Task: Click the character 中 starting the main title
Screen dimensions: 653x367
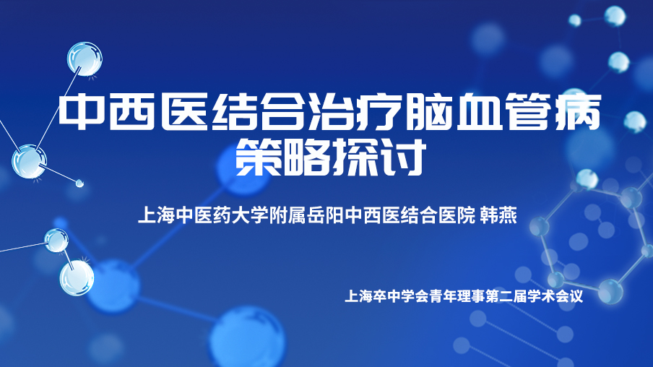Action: (x=82, y=112)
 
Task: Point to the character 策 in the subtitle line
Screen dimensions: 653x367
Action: (x=259, y=157)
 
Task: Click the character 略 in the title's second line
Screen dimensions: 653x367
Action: (x=306, y=157)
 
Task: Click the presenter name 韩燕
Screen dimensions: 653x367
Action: (x=498, y=215)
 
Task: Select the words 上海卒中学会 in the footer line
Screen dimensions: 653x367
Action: (x=387, y=296)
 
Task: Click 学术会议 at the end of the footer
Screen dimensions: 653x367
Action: (x=555, y=296)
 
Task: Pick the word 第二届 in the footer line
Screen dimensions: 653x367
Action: (x=506, y=296)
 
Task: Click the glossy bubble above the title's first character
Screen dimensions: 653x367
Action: (x=85, y=59)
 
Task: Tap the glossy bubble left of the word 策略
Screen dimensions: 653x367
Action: (x=29, y=162)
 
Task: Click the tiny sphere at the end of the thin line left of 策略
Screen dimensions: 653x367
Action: (x=79, y=183)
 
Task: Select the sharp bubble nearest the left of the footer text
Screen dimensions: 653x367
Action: (x=77, y=278)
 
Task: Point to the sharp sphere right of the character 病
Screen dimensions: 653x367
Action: (x=635, y=121)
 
